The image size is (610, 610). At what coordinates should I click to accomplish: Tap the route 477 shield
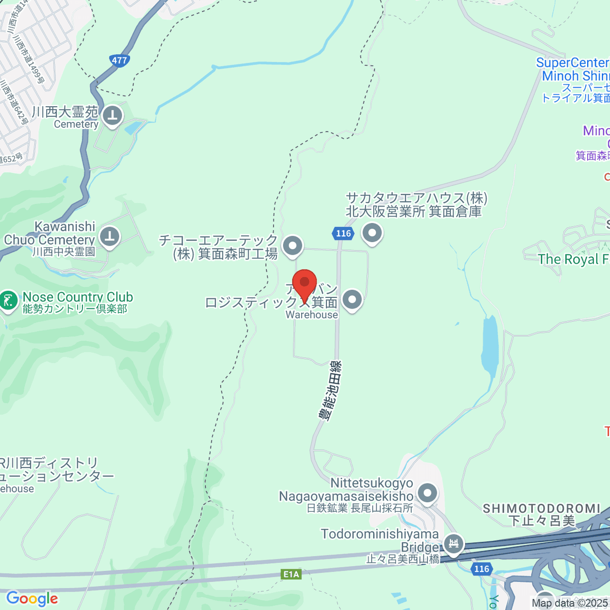(x=119, y=60)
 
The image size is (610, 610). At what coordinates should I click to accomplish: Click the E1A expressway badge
(x=291, y=574)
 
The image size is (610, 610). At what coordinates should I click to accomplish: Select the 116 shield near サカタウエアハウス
(x=344, y=233)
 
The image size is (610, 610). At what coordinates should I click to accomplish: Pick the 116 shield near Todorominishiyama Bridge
(x=481, y=569)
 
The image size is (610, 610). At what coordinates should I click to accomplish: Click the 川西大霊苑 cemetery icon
(x=112, y=116)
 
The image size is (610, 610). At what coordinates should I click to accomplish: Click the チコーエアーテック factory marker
(x=292, y=246)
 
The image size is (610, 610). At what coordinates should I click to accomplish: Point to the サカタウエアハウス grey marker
(x=373, y=233)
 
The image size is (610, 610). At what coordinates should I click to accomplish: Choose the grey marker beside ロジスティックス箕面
(x=352, y=300)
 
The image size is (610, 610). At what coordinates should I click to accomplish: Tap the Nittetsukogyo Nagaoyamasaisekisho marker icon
(x=428, y=493)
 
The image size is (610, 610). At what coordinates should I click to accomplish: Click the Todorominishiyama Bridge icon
(x=453, y=543)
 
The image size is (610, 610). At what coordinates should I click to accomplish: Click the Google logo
(x=32, y=599)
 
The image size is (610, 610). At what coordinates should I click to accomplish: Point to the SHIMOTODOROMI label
(x=541, y=508)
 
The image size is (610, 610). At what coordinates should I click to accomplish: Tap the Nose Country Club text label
(x=78, y=297)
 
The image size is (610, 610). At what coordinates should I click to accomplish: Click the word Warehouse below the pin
(x=312, y=315)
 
